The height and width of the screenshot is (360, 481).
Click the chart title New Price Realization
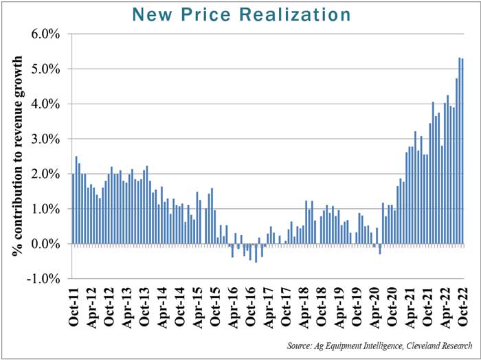pyautogui.click(x=240, y=14)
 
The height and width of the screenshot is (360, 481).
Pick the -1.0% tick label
pyautogui.click(x=46, y=279)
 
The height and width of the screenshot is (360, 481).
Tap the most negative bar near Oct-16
pyautogui.click(x=256, y=253)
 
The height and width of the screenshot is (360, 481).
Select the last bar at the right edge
pyautogui.click(x=462, y=151)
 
